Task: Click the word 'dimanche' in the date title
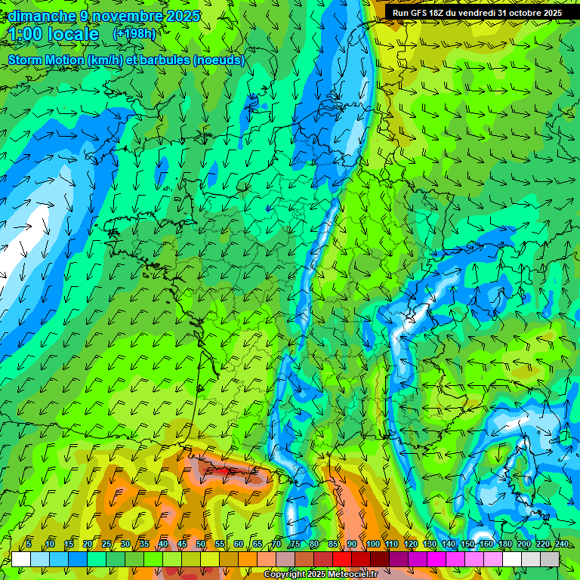pyautogui.click(x=42, y=16)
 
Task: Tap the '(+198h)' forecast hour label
pyautogui.click(x=135, y=34)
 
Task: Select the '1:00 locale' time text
pyautogui.click(x=54, y=34)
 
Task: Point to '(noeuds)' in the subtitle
pyautogui.click(x=218, y=60)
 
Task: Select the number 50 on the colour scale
pyautogui.click(x=201, y=545)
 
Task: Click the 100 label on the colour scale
pyautogui.click(x=373, y=545)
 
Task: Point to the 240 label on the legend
pyautogui.click(x=561, y=545)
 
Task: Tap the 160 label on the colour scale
pyautogui.click(x=486, y=545)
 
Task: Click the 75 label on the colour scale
pyautogui.click(x=295, y=545)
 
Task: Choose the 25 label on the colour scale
pyautogui.click(x=106, y=545)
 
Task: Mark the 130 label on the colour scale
pyautogui.click(x=430, y=545)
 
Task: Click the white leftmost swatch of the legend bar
pyautogui.click(x=21, y=559)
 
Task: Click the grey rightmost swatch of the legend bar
pyautogui.click(x=550, y=559)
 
